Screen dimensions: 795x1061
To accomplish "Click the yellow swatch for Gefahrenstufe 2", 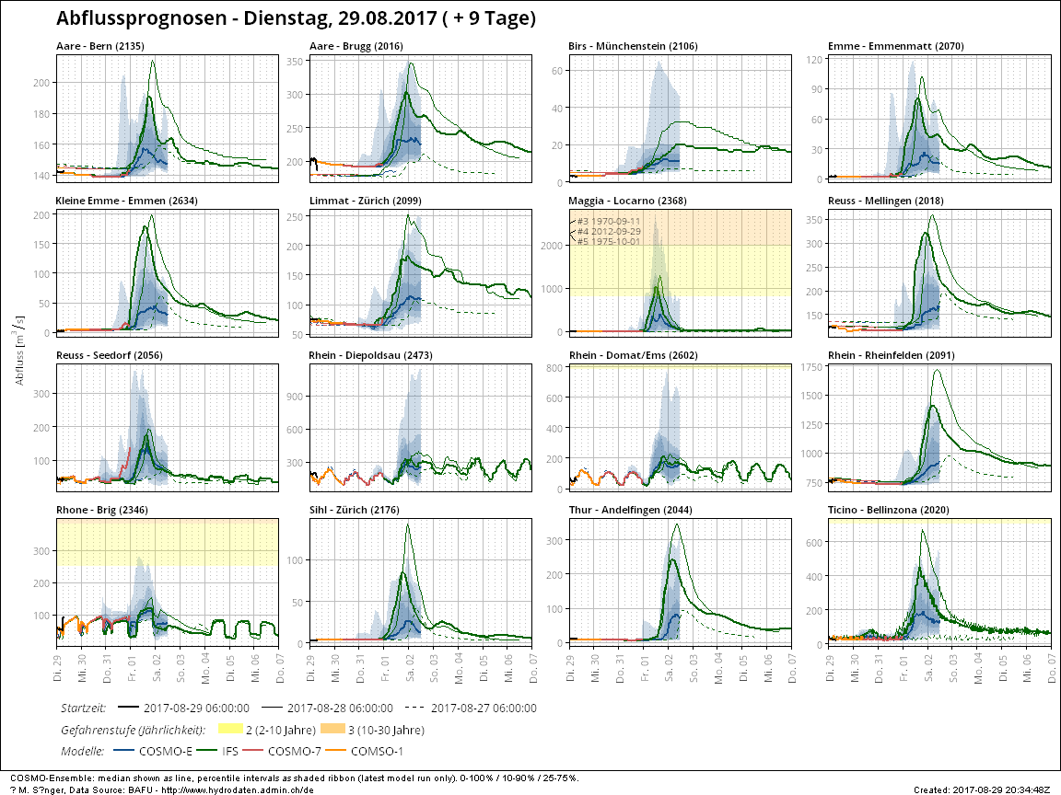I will point(228,730).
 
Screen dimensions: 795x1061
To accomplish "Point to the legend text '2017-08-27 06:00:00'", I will point(484,709).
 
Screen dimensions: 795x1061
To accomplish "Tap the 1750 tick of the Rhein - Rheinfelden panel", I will point(810,368).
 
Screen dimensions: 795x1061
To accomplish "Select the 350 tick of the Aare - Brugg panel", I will point(293,62).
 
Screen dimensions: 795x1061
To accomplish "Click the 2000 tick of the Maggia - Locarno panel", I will point(554,246).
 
